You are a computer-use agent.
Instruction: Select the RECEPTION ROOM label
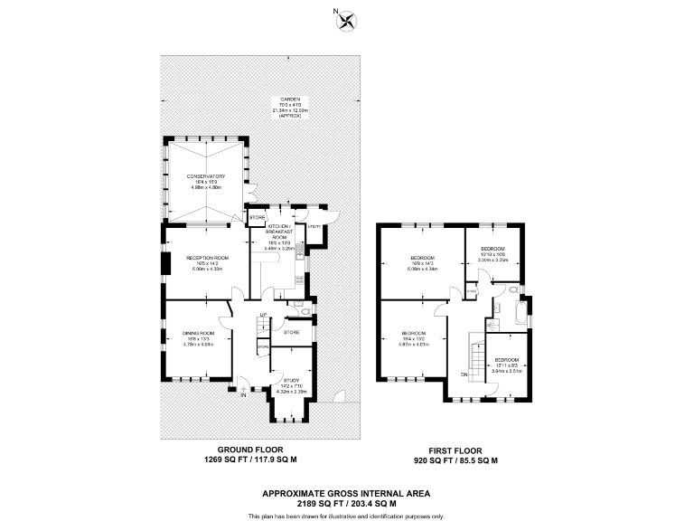[x=207, y=258]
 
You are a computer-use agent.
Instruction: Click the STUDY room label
[x=291, y=381]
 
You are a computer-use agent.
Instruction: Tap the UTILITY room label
[x=314, y=225]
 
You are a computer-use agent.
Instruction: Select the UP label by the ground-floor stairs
[x=263, y=315]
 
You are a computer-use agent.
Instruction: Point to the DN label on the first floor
[x=464, y=374]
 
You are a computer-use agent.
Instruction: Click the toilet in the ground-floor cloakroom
[x=305, y=313]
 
